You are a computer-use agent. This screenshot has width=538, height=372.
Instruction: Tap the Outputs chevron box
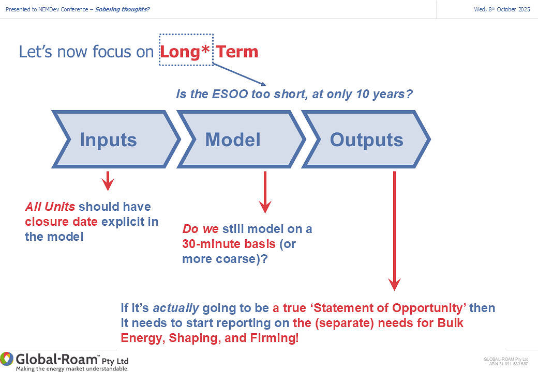pyautogui.click(x=366, y=139)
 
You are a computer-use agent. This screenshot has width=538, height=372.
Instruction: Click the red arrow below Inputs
pyautogui.click(x=108, y=181)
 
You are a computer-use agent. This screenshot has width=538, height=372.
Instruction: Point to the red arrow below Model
pyautogui.click(x=265, y=192)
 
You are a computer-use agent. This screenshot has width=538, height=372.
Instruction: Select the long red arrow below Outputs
pyautogui.click(x=394, y=231)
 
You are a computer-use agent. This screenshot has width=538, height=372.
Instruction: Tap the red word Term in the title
pyautogui.click(x=237, y=52)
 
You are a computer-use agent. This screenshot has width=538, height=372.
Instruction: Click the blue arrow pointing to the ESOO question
pyautogui.click(x=239, y=74)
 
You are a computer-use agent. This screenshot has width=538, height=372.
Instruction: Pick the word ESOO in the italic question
pyautogui.click(x=230, y=94)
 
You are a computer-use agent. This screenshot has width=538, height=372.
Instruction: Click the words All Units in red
pyautogui.click(x=50, y=207)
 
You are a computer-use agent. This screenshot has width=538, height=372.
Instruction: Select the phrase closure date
pyautogui.click(x=62, y=222)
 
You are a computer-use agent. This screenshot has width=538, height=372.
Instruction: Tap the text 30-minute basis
pyautogui.click(x=229, y=244)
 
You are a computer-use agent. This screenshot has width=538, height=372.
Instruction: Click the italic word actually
pyautogui.click(x=176, y=308)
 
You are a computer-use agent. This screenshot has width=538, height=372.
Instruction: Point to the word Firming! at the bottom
pyautogui.click(x=274, y=338)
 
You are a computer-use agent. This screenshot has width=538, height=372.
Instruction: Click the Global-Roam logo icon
pyautogui.click(x=7, y=359)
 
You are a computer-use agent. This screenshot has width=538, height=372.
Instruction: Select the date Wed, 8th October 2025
pyautogui.click(x=502, y=9)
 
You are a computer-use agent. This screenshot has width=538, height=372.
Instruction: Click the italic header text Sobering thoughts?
pyautogui.click(x=122, y=9)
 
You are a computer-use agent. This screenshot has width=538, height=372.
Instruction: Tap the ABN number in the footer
pyautogui.click(x=509, y=364)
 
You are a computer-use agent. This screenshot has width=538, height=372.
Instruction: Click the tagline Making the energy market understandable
pyautogui.click(x=72, y=369)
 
